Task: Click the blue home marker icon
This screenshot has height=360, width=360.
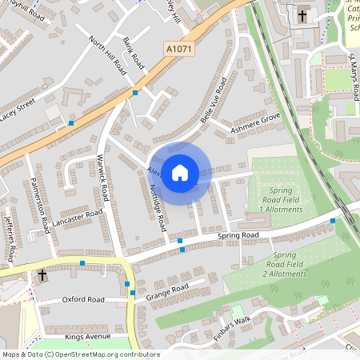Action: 180,172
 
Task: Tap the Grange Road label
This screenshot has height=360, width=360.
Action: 167,292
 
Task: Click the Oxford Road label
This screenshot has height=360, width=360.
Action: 83,299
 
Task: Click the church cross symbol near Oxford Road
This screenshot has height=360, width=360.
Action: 42,275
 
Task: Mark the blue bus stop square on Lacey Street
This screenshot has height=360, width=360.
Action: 70,123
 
